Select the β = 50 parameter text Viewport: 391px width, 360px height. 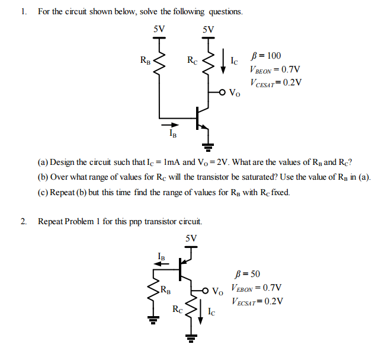point(247,274)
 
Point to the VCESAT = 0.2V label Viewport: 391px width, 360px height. point(275,83)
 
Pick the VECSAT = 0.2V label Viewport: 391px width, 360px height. point(257,301)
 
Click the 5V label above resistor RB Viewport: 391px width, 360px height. point(159,29)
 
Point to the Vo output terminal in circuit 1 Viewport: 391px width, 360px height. point(223,93)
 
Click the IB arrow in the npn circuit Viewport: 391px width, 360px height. point(170,125)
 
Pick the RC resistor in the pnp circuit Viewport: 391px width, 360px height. point(191,308)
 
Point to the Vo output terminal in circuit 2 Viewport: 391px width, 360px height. point(206,291)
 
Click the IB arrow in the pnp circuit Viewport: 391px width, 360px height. point(161,266)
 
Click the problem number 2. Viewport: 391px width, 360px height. point(22,222)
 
